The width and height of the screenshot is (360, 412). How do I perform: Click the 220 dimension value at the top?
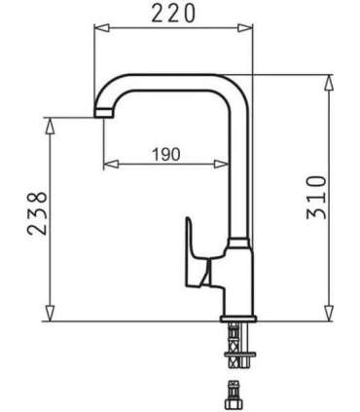point(172,14)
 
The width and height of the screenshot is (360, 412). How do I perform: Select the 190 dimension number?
point(166,154)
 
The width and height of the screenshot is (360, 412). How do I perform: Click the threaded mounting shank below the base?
point(236,342)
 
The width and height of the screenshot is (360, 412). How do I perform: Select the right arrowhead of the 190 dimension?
point(233,164)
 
